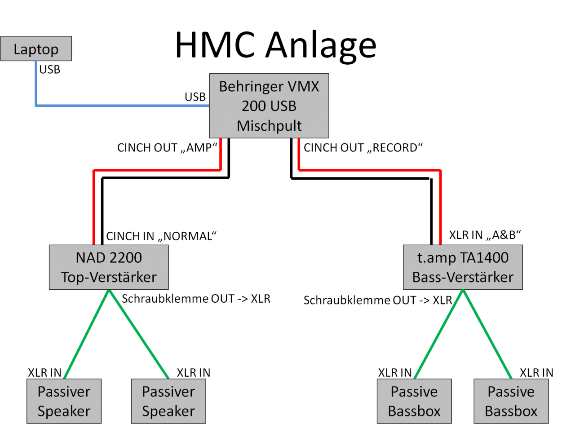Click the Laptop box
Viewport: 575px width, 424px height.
point(36,49)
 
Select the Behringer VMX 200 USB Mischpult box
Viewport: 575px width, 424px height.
point(269,106)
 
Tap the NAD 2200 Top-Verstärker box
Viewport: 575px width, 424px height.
point(109,267)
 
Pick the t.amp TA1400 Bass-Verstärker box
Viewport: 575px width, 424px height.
point(463,267)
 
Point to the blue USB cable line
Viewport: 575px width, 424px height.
point(121,106)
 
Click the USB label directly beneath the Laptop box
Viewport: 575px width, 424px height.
point(49,70)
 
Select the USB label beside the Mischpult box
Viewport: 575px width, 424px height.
point(195,97)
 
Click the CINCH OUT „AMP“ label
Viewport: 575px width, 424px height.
point(164,148)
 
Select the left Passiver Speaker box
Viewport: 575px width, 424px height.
point(64,401)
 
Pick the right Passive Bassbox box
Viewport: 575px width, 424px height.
point(511,401)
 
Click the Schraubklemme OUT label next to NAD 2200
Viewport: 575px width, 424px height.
point(196,298)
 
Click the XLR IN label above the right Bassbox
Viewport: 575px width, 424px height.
point(536,372)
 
